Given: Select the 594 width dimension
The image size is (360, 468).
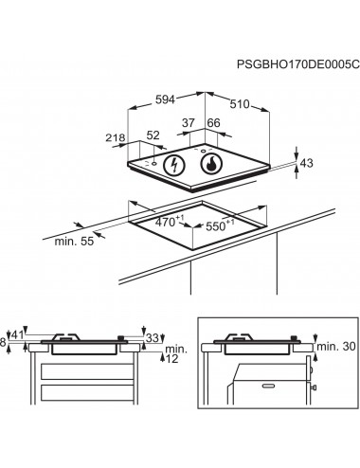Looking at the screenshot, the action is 165,99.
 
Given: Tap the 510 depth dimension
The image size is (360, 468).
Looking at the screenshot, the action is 240,104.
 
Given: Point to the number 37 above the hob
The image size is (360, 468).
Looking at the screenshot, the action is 189,123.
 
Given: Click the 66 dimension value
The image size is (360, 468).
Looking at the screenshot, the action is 213,122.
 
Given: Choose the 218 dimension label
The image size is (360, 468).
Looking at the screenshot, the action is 116,137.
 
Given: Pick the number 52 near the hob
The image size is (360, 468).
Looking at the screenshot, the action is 153,135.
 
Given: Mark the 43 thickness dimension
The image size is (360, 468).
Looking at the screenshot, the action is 306,163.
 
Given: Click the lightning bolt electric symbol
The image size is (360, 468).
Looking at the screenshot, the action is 173,165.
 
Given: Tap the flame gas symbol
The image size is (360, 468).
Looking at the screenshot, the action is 211,164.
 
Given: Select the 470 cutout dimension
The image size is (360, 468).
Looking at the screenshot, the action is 169,221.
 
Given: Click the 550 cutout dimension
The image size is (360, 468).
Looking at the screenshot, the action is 220,225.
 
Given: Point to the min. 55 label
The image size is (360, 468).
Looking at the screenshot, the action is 74,242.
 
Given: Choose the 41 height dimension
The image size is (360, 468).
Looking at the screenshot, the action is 17,334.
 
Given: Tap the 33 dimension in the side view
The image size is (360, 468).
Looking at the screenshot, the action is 153,338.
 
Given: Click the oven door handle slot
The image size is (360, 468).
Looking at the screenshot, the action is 269,386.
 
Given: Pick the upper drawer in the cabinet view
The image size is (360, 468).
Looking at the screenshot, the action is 87,371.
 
